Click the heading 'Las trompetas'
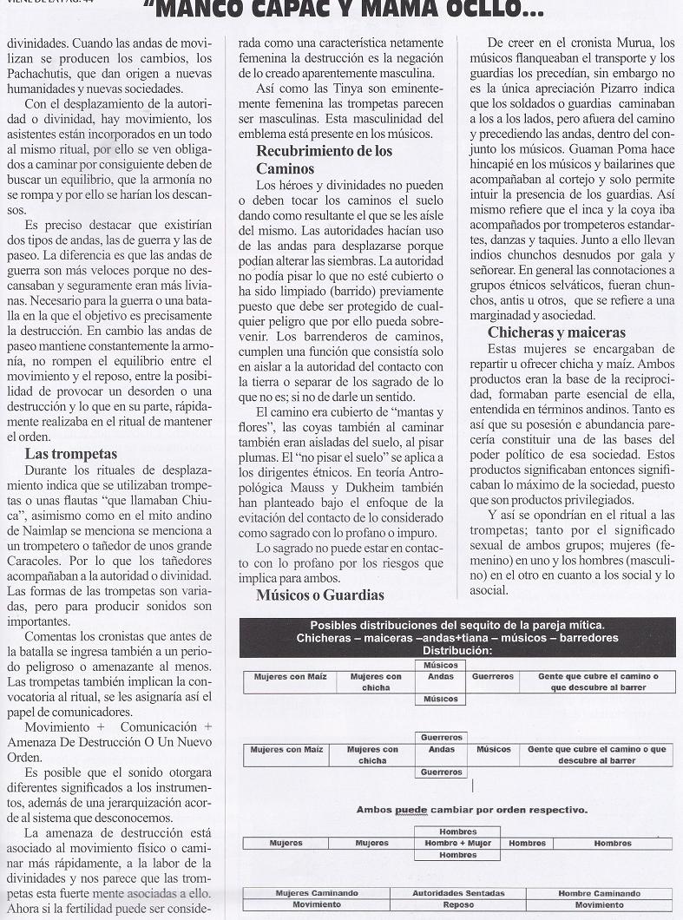(71, 454)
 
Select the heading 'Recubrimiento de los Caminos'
(324, 159)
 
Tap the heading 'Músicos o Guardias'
(319, 595)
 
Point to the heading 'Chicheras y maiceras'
(556, 332)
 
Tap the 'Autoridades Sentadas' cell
(457, 893)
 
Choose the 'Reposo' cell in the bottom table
(457, 904)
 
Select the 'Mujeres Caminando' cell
(316, 893)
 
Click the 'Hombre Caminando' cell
(599, 893)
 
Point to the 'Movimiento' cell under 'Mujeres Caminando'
(316, 904)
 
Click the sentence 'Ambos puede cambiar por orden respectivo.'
(471, 810)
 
